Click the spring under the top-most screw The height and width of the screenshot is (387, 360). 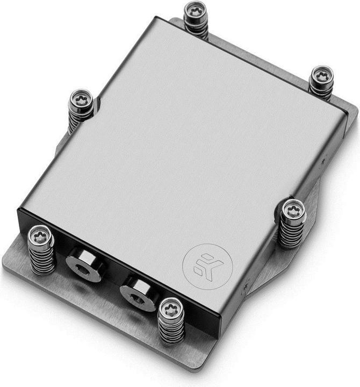coord(196,30)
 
